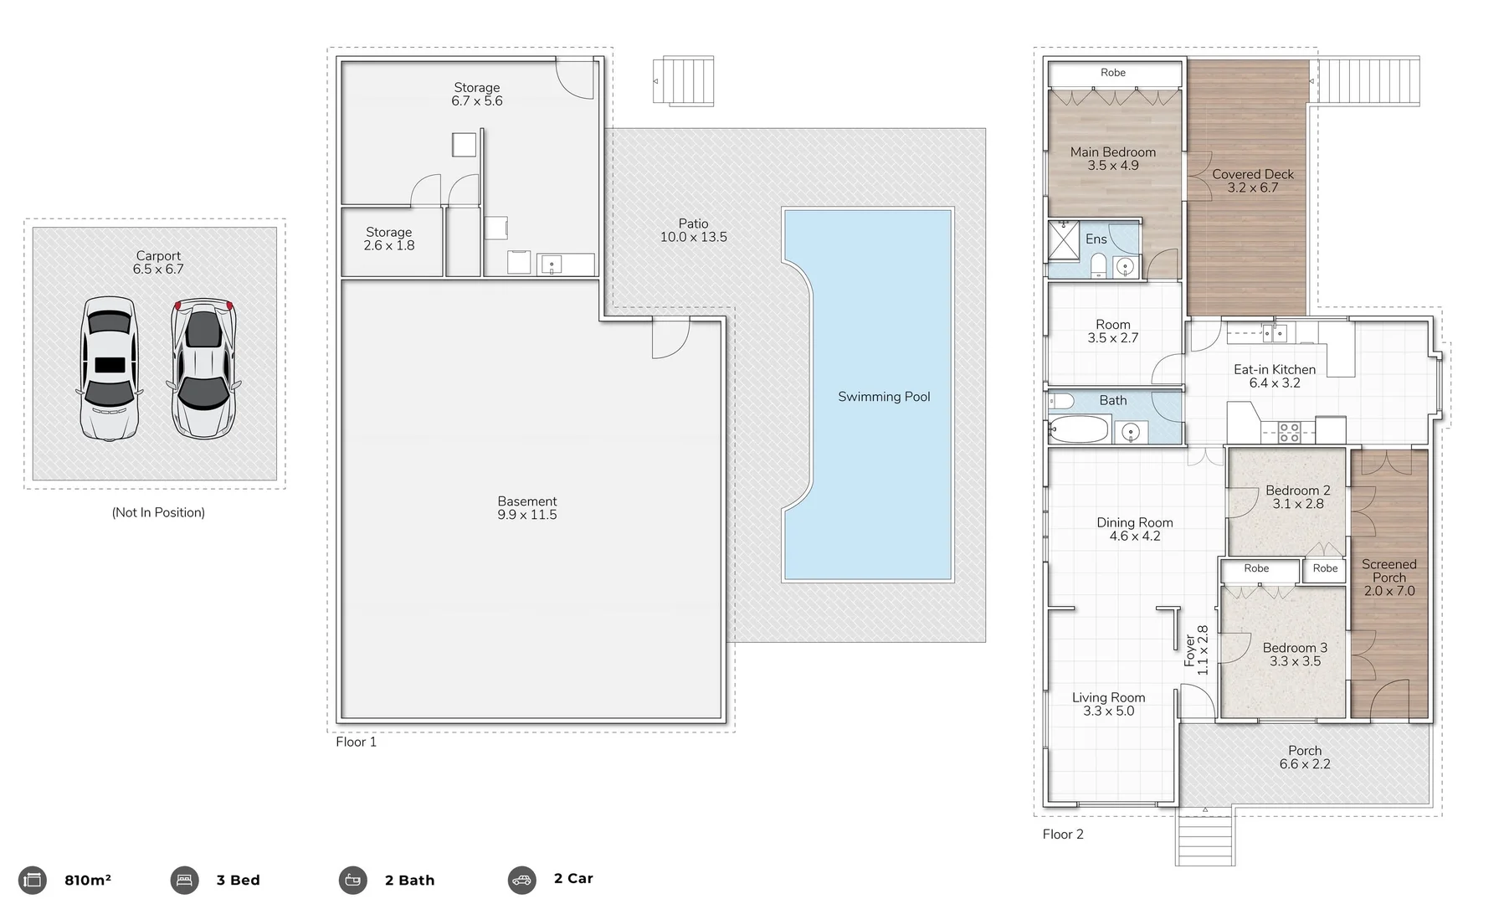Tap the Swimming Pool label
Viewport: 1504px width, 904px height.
(x=884, y=397)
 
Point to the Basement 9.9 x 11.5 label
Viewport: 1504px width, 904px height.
(x=526, y=508)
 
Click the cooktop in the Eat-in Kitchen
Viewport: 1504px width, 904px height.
(x=1289, y=432)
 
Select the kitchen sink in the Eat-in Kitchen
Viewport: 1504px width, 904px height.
(x=1274, y=333)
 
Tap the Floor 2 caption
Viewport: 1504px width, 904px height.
(x=1062, y=834)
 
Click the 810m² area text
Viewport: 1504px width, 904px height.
(x=87, y=880)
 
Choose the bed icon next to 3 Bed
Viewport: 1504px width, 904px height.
(x=184, y=880)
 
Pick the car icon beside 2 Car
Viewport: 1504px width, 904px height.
(x=521, y=880)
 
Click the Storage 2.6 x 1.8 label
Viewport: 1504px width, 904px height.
(x=388, y=239)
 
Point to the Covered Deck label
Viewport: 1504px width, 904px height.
(x=1252, y=181)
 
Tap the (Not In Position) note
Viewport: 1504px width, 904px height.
(x=158, y=512)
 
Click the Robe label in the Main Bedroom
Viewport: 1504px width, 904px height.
(x=1112, y=73)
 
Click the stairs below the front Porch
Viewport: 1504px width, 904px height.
(x=1204, y=837)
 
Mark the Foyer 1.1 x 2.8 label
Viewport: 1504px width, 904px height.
(x=1196, y=650)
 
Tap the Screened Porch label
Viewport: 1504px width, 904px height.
(x=1389, y=577)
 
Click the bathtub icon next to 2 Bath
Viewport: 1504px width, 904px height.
(x=352, y=880)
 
